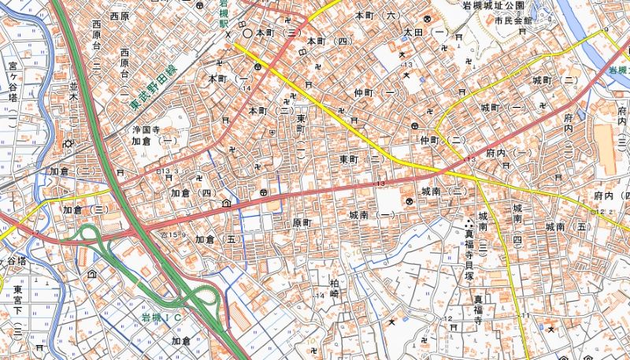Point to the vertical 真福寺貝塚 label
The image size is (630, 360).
point(468,253)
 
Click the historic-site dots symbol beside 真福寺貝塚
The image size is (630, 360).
point(468,224)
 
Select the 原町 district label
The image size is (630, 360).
point(302,223)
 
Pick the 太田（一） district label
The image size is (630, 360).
point(426,32)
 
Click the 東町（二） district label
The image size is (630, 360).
point(361,159)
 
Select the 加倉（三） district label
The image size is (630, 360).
point(85,210)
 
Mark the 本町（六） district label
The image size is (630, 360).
point(374,15)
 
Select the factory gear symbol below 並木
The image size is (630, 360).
point(69,143)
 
